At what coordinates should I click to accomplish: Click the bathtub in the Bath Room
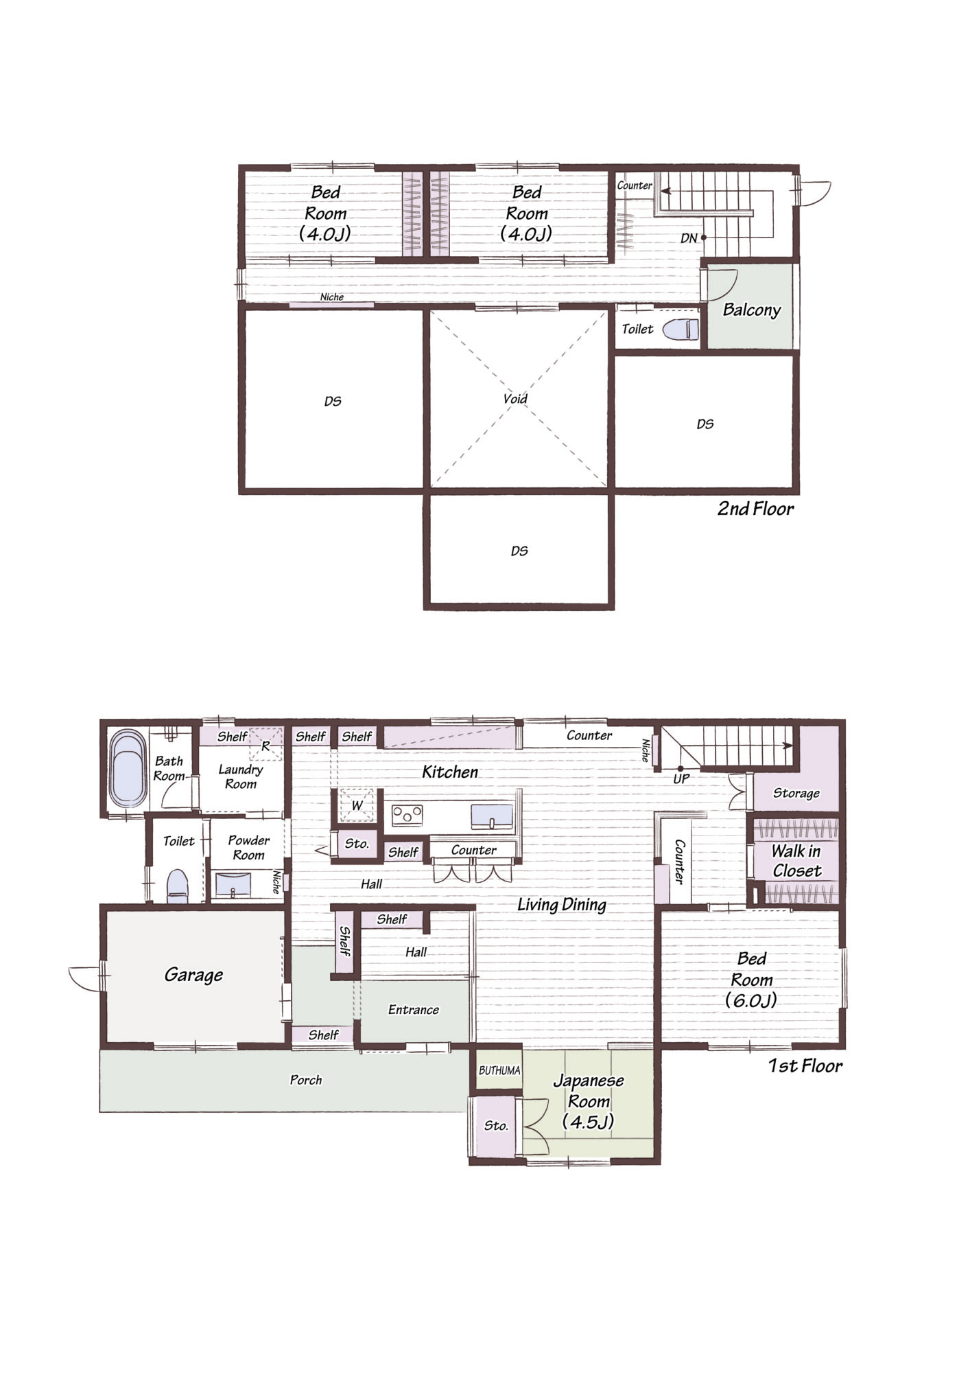(128, 769)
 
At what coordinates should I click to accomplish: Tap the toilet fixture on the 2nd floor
(681, 330)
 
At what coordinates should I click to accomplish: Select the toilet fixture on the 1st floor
(178, 886)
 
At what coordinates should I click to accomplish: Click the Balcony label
(752, 310)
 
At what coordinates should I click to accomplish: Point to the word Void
(515, 399)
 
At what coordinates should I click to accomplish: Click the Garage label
(193, 975)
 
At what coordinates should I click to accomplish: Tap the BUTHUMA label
(499, 1070)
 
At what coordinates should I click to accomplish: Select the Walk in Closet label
(796, 861)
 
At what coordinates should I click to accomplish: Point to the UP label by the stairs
(681, 779)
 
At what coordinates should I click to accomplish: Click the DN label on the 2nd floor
(689, 238)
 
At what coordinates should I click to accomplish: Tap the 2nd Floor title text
(755, 509)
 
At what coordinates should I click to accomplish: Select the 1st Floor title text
(805, 1065)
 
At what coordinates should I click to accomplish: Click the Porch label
(306, 1080)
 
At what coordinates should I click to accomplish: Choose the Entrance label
(414, 1009)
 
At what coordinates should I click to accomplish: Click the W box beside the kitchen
(357, 805)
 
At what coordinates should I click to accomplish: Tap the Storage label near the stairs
(796, 794)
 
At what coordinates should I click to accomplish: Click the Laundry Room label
(241, 776)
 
